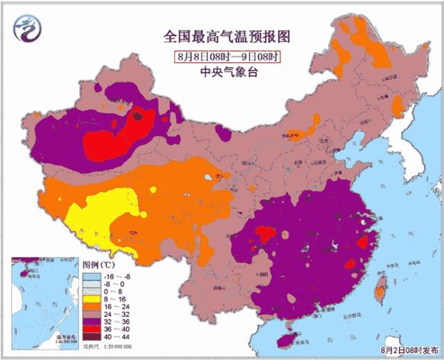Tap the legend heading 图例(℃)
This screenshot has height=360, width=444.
tap(98, 265)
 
